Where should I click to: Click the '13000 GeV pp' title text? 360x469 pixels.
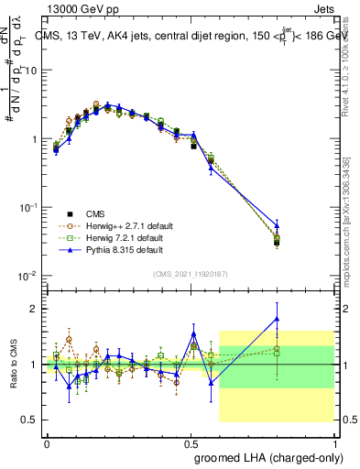click(x=73, y=7)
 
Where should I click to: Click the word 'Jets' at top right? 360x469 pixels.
click(x=322, y=7)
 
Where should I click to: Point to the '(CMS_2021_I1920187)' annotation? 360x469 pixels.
click(x=190, y=274)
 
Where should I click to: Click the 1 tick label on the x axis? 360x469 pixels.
click(x=333, y=442)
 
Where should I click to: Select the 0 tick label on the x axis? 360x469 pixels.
click(x=47, y=442)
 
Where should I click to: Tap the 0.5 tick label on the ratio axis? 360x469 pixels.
click(x=28, y=420)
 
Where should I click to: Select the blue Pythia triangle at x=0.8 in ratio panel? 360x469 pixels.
click(x=277, y=319)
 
